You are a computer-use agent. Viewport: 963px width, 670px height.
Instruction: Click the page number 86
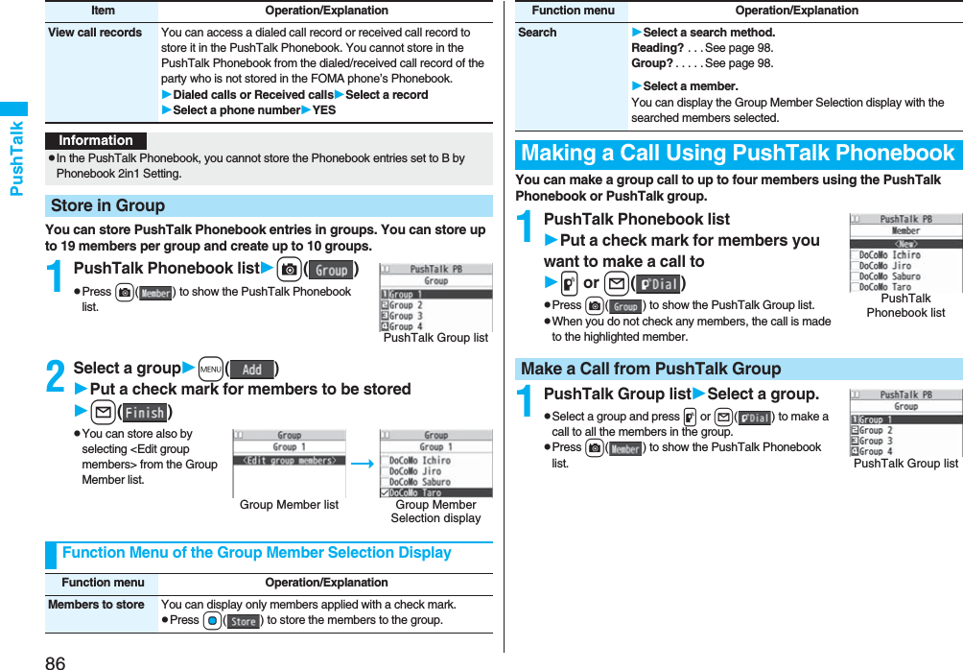tap(55, 661)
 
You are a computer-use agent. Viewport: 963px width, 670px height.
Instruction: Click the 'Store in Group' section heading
tap(107, 205)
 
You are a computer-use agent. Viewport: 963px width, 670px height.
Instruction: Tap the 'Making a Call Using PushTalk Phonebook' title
tap(738, 154)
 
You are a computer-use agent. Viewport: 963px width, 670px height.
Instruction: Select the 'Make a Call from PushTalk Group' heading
tap(650, 369)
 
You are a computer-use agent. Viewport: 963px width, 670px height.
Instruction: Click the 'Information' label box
tap(96, 140)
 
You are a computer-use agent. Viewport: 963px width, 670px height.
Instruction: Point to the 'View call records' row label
tap(95, 33)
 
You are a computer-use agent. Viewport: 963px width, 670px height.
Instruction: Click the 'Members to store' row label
tap(96, 605)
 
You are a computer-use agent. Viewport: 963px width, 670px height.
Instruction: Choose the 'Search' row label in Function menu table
tap(537, 33)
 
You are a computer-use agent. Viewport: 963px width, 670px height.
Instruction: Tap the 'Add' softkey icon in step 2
tap(252, 370)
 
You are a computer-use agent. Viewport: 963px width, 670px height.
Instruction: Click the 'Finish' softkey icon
tap(145, 413)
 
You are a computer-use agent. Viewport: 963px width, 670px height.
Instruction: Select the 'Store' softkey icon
tap(243, 621)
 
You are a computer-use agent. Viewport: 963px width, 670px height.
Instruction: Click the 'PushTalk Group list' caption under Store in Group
tap(435, 337)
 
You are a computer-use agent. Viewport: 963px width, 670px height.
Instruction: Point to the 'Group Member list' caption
tap(289, 505)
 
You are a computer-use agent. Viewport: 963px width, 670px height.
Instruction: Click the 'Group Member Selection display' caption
tap(435, 512)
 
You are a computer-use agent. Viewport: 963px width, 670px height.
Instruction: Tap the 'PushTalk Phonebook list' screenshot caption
tap(905, 305)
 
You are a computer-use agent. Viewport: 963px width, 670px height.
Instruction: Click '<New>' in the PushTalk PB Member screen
tap(905, 243)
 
